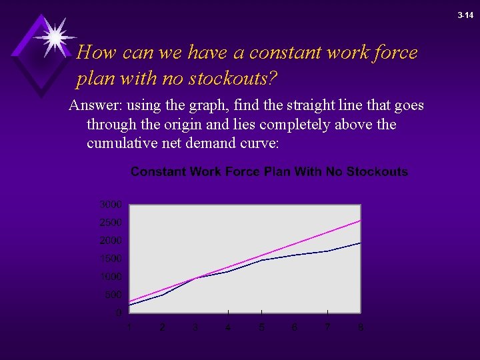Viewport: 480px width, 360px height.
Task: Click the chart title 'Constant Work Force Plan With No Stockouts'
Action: click(x=269, y=172)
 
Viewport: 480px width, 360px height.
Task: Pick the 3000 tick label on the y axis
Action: click(x=111, y=204)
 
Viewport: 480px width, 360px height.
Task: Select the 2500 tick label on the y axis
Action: click(x=111, y=222)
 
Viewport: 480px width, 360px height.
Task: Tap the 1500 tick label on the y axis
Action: click(x=111, y=258)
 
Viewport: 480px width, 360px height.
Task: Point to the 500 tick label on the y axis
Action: click(x=113, y=295)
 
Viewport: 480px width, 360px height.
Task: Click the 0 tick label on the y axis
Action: click(x=119, y=313)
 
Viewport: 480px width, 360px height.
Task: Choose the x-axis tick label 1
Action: click(x=129, y=327)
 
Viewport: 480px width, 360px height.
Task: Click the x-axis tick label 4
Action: click(x=228, y=327)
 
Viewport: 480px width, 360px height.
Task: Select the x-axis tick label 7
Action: click(x=327, y=327)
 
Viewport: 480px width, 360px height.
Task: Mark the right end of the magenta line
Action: click(x=361, y=220)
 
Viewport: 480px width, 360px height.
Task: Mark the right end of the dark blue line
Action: click(x=361, y=243)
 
